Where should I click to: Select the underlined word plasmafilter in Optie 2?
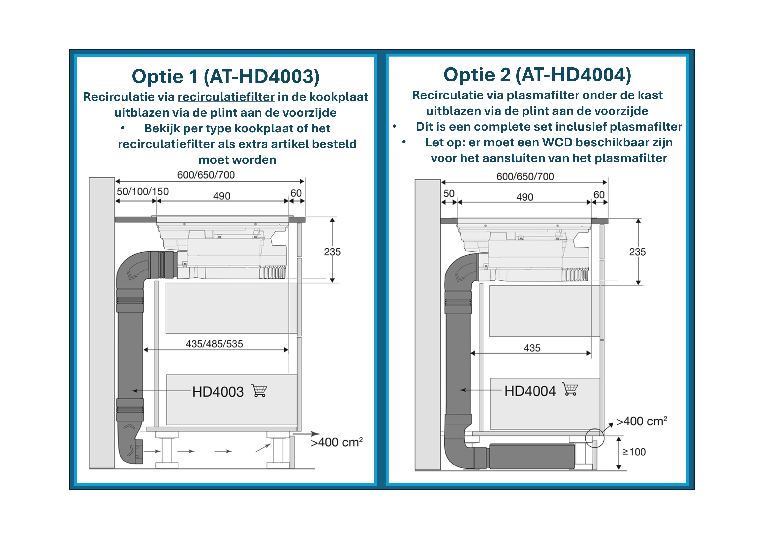[543, 95]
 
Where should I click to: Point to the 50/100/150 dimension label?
[143, 192]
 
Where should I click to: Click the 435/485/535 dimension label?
[214, 344]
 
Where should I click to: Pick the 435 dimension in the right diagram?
[532, 348]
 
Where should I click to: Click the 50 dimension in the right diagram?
[449, 194]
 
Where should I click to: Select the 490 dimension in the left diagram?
[222, 196]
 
